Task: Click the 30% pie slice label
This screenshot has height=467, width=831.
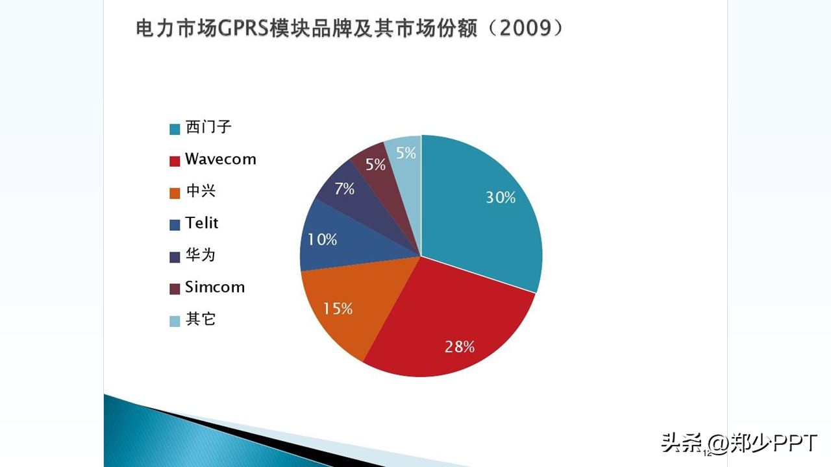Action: pyautogui.click(x=501, y=198)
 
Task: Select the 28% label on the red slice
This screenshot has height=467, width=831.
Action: pyautogui.click(x=460, y=347)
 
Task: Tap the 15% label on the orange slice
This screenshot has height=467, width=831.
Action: pyautogui.click(x=338, y=308)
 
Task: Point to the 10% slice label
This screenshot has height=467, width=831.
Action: pyautogui.click(x=323, y=239)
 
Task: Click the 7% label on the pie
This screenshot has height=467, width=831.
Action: pyautogui.click(x=344, y=189)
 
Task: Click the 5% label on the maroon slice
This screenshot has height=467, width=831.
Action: pyautogui.click(x=375, y=165)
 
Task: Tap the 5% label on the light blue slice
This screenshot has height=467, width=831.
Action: pyautogui.click(x=406, y=152)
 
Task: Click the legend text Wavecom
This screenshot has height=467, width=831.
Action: pyautogui.click(x=221, y=159)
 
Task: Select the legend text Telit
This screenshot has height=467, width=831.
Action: pyautogui.click(x=202, y=222)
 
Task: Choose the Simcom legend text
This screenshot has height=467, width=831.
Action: pyautogui.click(x=215, y=287)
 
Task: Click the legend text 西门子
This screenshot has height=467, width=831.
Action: pyautogui.click(x=208, y=127)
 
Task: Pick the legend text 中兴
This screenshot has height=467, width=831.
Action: pyautogui.click(x=201, y=191)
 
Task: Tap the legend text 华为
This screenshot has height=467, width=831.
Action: pyautogui.click(x=201, y=255)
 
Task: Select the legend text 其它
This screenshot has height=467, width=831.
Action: pyautogui.click(x=201, y=319)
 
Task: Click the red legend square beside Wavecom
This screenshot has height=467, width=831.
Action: pyautogui.click(x=175, y=161)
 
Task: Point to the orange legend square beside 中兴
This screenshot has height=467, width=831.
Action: pyautogui.click(x=175, y=193)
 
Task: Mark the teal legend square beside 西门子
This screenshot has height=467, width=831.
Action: pyautogui.click(x=175, y=129)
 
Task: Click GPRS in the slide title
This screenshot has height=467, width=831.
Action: pyautogui.click(x=243, y=29)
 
